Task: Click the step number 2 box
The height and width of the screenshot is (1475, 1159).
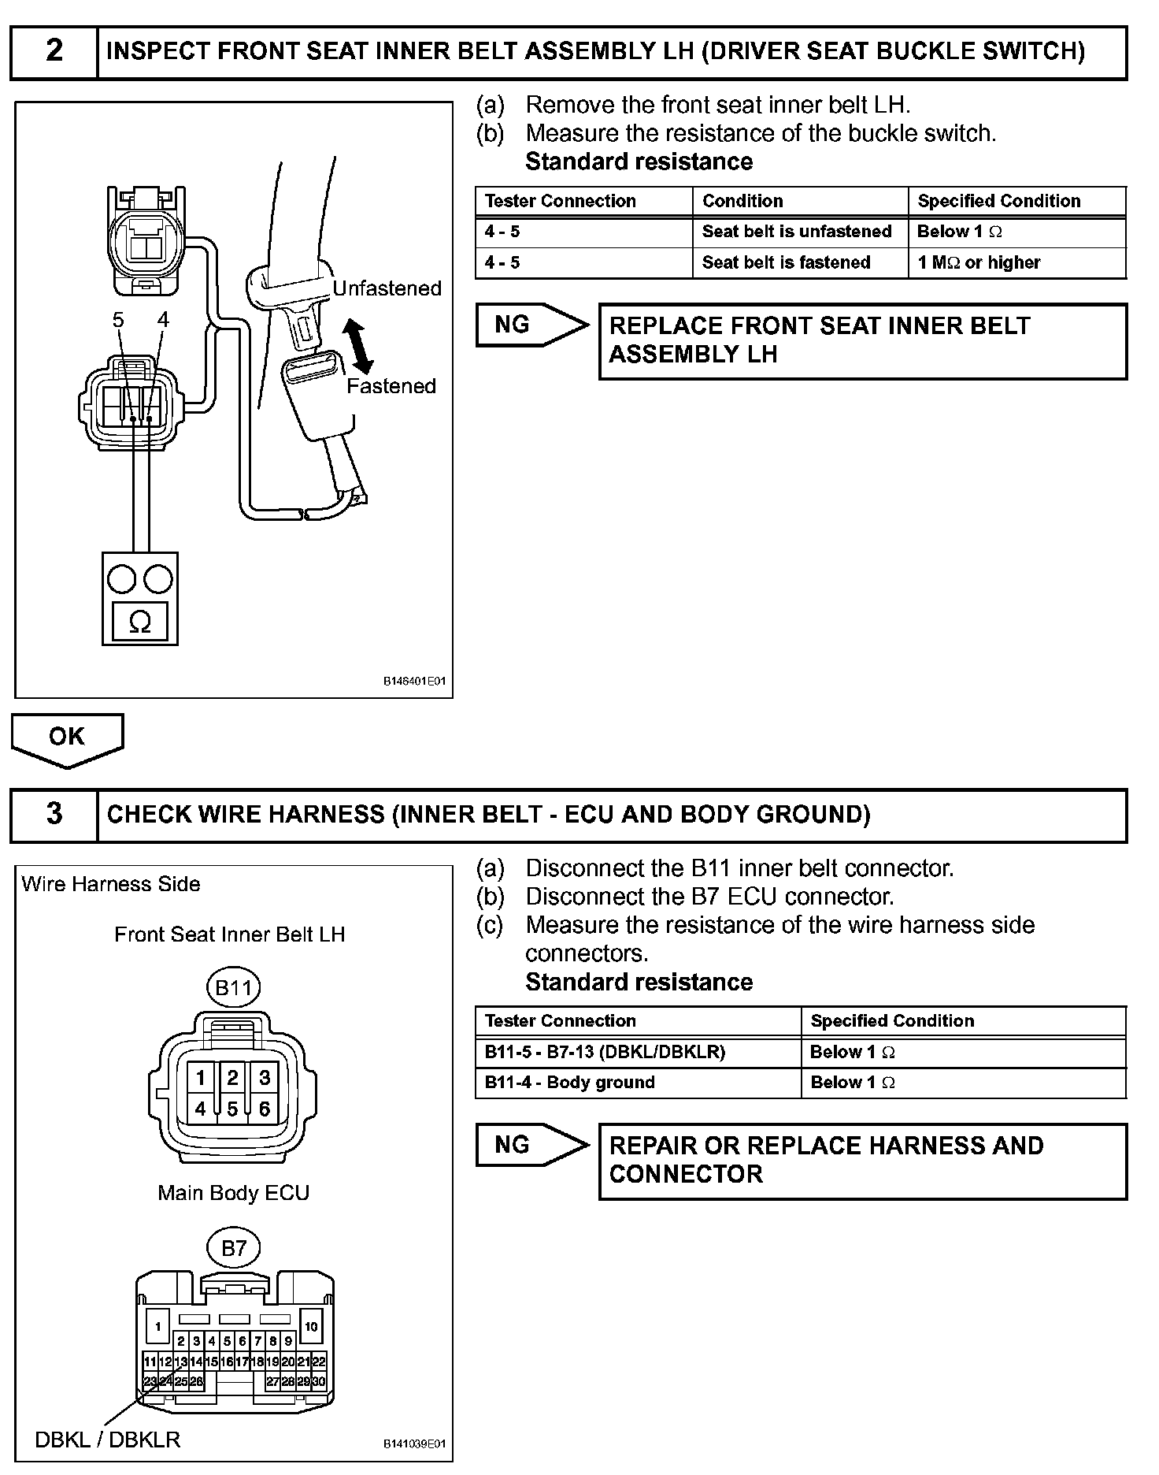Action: click(x=54, y=51)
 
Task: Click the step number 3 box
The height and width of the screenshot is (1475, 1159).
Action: click(x=54, y=814)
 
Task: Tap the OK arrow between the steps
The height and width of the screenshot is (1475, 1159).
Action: click(x=67, y=737)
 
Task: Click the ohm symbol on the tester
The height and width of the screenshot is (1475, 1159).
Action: click(x=139, y=622)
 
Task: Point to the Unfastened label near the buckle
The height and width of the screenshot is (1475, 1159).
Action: click(x=387, y=288)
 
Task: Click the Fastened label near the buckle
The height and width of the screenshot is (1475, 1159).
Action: click(x=391, y=386)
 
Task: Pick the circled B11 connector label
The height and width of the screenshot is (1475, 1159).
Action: click(x=233, y=988)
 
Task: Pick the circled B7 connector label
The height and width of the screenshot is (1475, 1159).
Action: click(x=234, y=1248)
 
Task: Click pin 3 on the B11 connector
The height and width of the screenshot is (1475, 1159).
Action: click(x=265, y=1077)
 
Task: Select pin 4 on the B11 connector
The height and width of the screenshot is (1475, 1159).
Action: click(x=201, y=1109)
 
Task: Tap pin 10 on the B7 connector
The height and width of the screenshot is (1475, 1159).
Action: click(x=311, y=1327)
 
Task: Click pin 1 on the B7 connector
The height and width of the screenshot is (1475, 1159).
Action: click(x=157, y=1327)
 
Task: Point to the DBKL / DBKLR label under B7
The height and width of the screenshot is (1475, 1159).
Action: click(x=108, y=1440)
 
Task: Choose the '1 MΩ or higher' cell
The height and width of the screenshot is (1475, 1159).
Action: click(x=979, y=262)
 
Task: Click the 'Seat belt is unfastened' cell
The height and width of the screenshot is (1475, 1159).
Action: click(x=797, y=232)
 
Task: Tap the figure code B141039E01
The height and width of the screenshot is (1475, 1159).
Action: click(x=414, y=1443)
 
